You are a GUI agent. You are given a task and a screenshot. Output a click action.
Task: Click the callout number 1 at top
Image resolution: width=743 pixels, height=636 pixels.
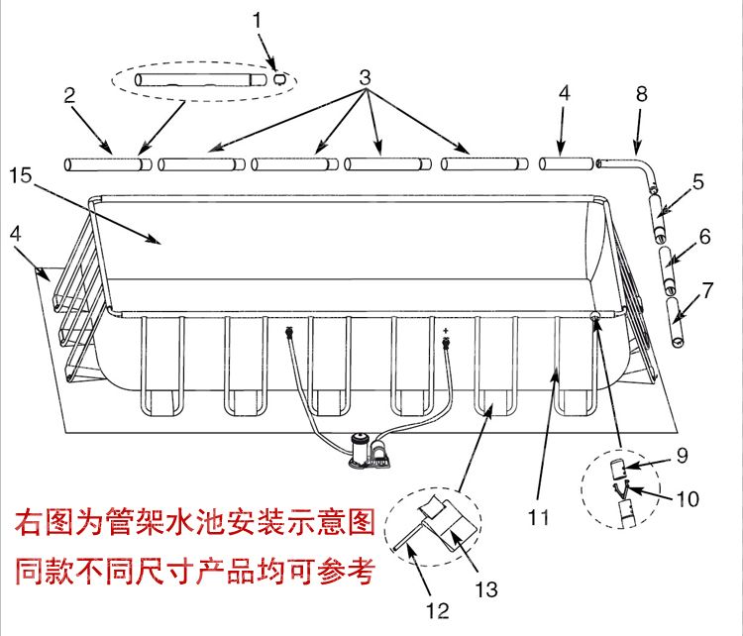259,19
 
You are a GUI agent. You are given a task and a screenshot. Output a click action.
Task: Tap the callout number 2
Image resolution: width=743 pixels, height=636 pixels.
69,96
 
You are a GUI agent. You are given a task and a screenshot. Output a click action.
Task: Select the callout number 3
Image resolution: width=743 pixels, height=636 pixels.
365,76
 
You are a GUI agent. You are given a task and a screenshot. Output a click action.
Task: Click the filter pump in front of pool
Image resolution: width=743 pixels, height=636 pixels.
369,451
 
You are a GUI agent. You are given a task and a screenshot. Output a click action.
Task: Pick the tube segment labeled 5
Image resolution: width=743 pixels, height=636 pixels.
656,217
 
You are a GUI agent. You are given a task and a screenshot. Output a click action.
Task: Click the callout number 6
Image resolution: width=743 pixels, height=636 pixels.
704,237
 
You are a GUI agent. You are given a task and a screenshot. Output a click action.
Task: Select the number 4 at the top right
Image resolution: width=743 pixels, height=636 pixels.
563,95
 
